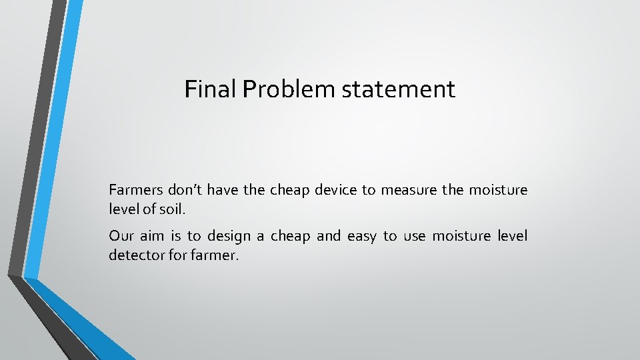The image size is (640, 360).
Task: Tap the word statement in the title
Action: [x=398, y=89]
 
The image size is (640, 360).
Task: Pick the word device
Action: [x=335, y=191]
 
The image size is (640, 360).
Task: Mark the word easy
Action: [x=361, y=237]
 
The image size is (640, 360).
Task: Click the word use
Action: [x=414, y=236]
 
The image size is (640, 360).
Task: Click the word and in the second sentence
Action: [x=328, y=236]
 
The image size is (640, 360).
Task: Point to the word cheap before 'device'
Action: [x=289, y=191]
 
